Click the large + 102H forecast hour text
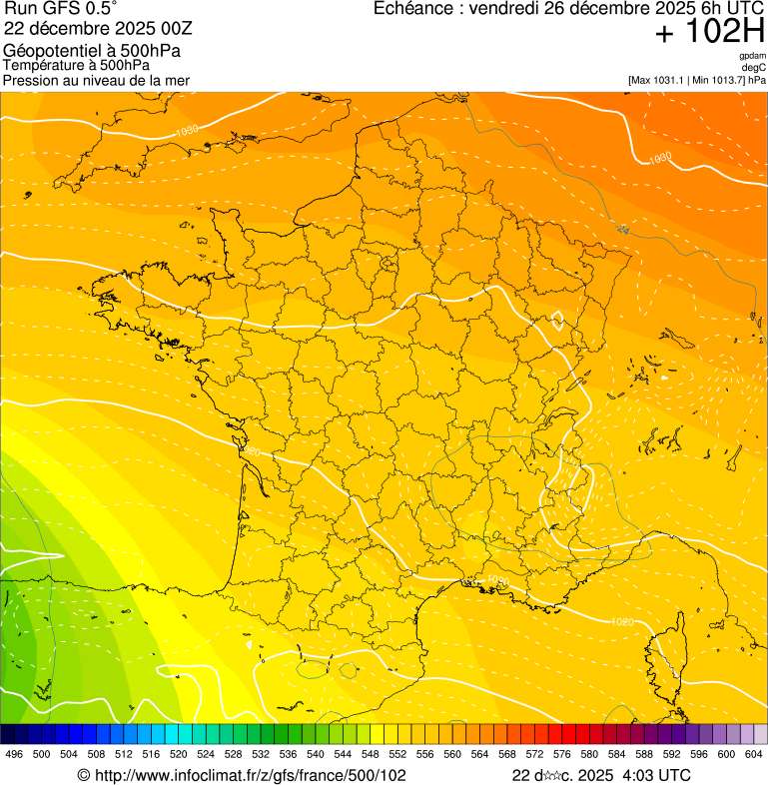(709, 33)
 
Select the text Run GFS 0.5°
(60, 9)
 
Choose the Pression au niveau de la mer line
(96, 80)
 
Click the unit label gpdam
(753, 56)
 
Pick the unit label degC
(754, 67)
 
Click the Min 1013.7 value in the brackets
(717, 79)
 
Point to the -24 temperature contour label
(622, 229)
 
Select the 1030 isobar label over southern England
(186, 131)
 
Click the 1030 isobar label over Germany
(659, 158)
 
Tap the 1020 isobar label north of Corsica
(621, 622)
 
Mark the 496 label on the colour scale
(14, 754)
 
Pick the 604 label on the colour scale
(754, 754)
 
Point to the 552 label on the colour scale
(397, 754)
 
